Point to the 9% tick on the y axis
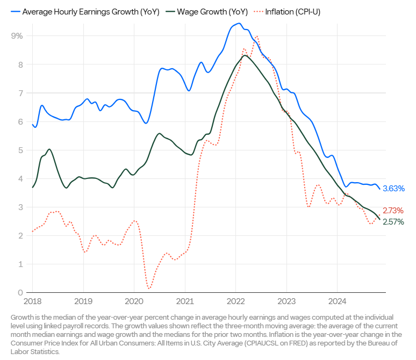click(x=17, y=36)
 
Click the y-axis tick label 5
click(x=20, y=150)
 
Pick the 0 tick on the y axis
click(x=20, y=293)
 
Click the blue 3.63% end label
click(x=393, y=189)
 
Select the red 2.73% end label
click(x=393, y=211)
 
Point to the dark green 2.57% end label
click(x=393, y=222)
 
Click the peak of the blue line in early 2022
click(x=238, y=24)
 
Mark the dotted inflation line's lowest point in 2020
click(x=148, y=289)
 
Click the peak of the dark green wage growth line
click(x=245, y=55)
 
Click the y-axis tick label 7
click(x=20, y=93)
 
